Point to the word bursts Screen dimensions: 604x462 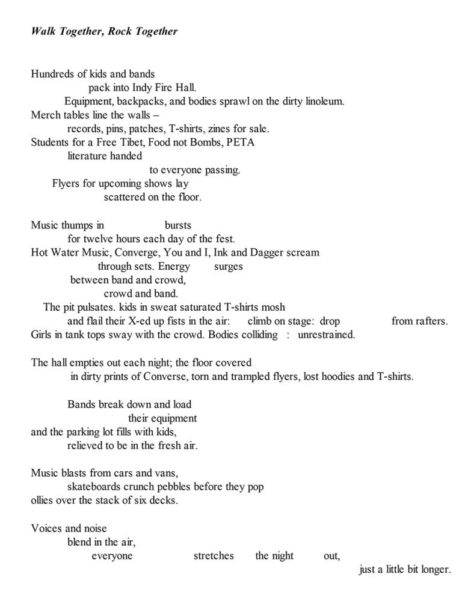177,225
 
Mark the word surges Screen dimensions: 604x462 228,266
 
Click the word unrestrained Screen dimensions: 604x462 326,335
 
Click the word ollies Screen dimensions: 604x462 44,500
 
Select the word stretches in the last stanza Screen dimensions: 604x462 214,556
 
